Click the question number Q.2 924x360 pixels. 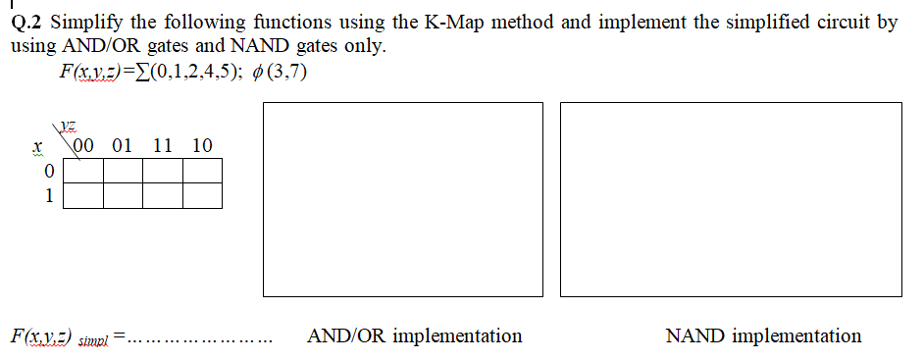coord(28,23)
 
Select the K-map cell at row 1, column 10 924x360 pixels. coord(202,194)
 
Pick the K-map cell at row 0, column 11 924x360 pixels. coord(163,172)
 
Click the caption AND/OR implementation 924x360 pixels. coord(414,336)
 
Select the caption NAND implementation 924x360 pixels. coord(763,336)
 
